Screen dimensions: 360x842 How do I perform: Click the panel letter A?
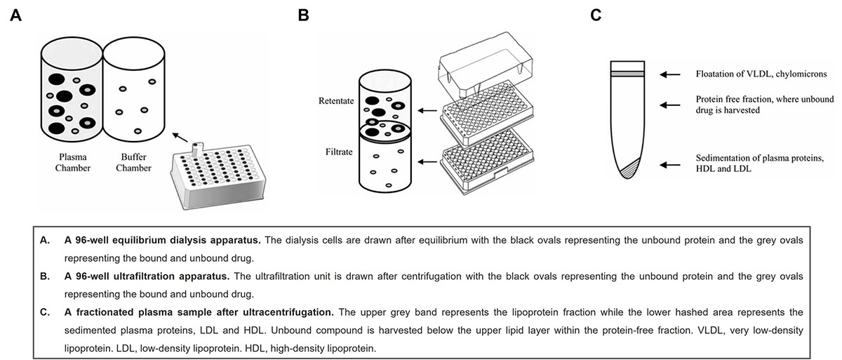tap(15, 15)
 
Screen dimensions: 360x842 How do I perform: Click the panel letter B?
tap(303, 15)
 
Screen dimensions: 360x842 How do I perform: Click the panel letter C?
tap(595, 15)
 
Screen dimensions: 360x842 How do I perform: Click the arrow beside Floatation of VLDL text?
tap(669, 73)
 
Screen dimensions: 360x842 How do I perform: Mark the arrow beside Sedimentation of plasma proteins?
tap(669, 166)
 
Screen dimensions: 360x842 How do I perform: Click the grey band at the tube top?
tap(627, 73)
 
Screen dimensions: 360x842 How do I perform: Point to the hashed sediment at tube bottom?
tap(629, 168)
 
